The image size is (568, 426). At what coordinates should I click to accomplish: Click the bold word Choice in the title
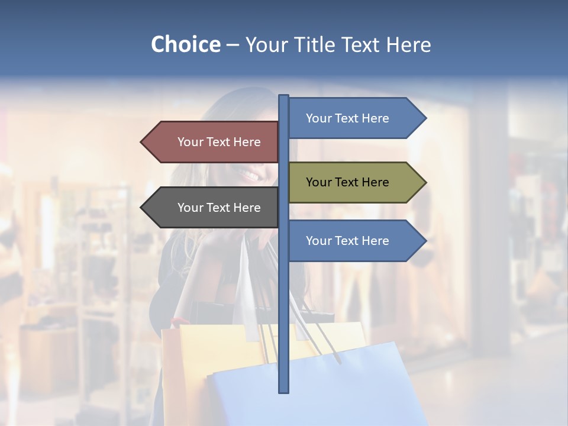pyautogui.click(x=185, y=44)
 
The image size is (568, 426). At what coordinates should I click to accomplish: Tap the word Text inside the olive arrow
pyautogui.click(x=347, y=182)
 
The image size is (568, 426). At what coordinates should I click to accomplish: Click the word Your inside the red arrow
pyautogui.click(x=190, y=142)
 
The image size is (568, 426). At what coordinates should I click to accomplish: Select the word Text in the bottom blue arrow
pyautogui.click(x=347, y=241)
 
